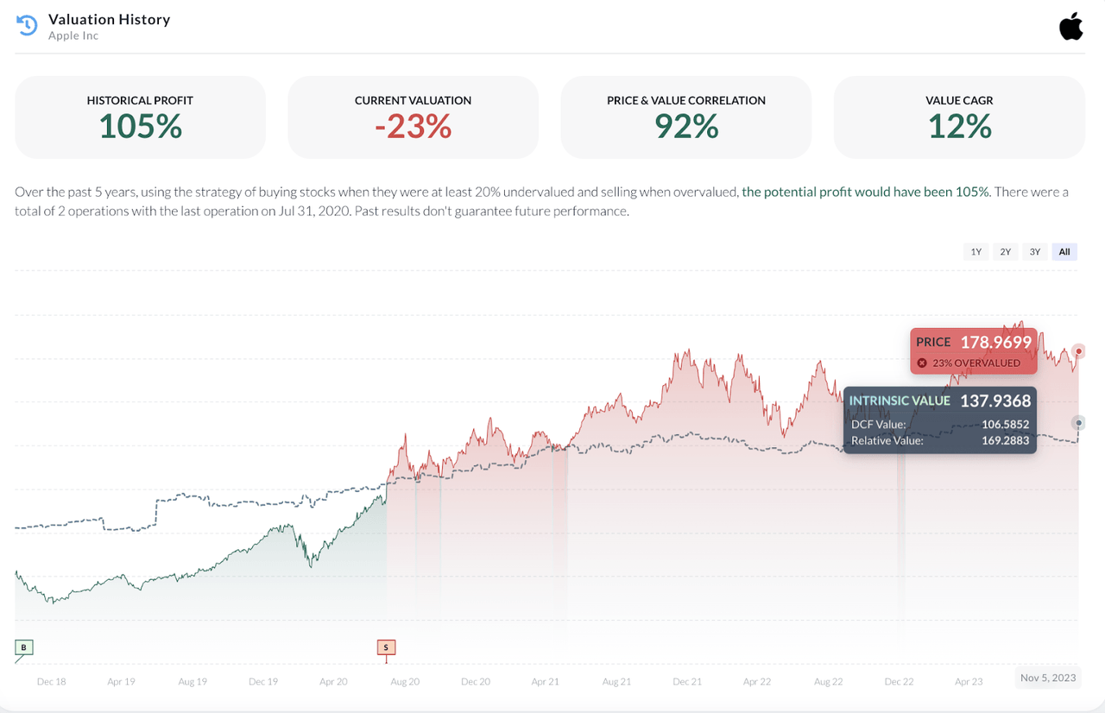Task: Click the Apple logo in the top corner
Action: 1070,27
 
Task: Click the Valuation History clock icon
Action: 27,26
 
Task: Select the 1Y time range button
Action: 976,252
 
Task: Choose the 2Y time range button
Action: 1006,252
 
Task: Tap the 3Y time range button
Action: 1035,252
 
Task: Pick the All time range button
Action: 1064,252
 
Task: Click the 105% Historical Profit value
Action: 140,127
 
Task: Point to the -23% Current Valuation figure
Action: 413,127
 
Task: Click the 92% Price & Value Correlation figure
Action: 686,127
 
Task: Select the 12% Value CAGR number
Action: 959,127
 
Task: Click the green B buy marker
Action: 24,647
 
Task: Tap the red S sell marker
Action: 386,647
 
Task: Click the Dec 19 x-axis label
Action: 263,682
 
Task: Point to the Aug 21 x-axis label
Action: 616,682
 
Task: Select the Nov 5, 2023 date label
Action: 1048,678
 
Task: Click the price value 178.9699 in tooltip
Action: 995,343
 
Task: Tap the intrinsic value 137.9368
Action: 995,401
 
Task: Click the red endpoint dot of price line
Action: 1078,351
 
